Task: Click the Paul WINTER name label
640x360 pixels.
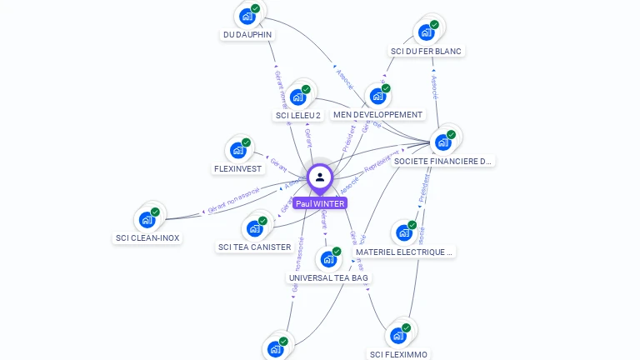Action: [x=319, y=203]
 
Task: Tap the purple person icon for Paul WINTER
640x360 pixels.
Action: [x=320, y=177]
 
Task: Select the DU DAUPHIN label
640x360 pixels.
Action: [x=247, y=35]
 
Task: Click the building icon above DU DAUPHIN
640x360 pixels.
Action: [x=247, y=16]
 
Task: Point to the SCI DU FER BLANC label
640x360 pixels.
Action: [x=426, y=51]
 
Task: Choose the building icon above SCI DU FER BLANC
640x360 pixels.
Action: [x=427, y=32]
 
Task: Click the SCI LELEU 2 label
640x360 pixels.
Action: [x=297, y=115]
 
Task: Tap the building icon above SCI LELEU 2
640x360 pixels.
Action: [x=297, y=96]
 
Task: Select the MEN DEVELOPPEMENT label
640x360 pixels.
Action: [x=377, y=114]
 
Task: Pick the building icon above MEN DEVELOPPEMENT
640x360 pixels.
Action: [x=377, y=96]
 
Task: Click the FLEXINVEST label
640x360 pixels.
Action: [x=238, y=168]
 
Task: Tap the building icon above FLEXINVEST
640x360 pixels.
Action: [x=238, y=150]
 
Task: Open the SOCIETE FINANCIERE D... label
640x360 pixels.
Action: [x=442, y=161]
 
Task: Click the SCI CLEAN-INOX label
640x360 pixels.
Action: [x=147, y=237]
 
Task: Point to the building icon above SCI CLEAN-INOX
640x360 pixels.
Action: [x=147, y=219]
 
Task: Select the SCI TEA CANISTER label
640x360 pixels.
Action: [x=254, y=247]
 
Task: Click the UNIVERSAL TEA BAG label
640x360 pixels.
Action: [x=328, y=277]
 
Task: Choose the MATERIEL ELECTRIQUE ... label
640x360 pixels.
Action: [x=404, y=251]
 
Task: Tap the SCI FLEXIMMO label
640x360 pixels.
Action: [x=398, y=354]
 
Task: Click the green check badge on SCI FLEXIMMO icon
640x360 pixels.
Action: [x=406, y=327]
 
